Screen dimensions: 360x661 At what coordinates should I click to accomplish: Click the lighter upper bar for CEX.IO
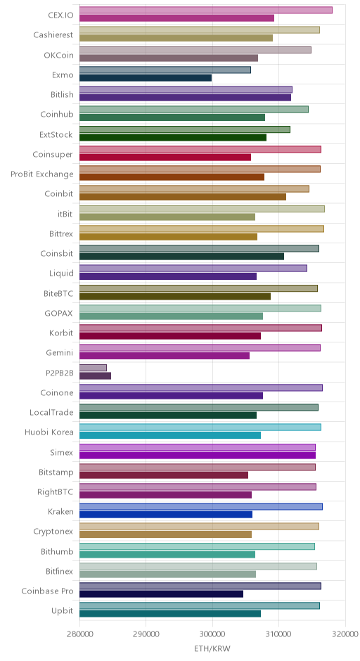(x=206, y=10)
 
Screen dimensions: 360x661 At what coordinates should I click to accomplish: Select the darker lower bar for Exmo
(x=146, y=77)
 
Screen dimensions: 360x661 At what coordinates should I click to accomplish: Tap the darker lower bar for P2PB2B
(x=95, y=376)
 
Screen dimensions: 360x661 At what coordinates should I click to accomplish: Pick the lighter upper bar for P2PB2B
(x=93, y=368)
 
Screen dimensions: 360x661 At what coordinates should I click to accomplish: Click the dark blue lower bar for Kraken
(x=166, y=514)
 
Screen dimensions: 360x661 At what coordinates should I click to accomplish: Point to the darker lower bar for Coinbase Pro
(x=162, y=594)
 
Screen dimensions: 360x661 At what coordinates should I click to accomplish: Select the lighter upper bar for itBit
(x=202, y=209)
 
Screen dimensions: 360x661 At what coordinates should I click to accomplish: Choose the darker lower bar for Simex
(x=198, y=455)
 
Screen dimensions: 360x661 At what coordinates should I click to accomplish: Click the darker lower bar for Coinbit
(x=183, y=197)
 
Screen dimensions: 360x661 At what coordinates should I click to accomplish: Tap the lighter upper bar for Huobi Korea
(x=200, y=427)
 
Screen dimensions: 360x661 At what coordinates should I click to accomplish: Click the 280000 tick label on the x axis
(x=79, y=634)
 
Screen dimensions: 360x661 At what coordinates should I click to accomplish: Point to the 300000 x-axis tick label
(x=212, y=634)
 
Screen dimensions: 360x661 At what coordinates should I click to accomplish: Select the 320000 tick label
(x=345, y=634)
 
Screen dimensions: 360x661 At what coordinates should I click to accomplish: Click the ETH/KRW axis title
(x=212, y=648)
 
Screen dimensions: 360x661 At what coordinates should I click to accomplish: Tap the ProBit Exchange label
(x=42, y=174)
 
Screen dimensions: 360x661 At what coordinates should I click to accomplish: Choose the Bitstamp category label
(x=56, y=472)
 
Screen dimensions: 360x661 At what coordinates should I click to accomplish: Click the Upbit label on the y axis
(x=63, y=611)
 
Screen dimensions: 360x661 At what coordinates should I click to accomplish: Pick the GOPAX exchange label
(x=59, y=313)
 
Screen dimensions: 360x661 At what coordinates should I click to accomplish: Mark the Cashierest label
(x=53, y=35)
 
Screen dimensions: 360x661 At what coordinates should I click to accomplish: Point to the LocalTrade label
(x=52, y=412)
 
